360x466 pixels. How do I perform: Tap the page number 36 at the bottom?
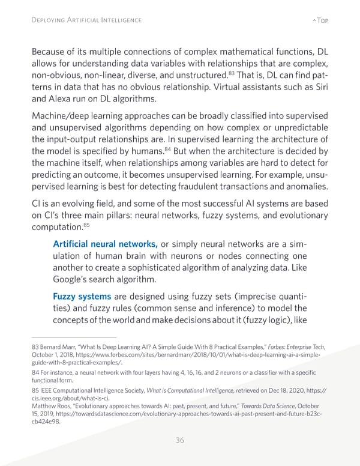click(179, 440)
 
